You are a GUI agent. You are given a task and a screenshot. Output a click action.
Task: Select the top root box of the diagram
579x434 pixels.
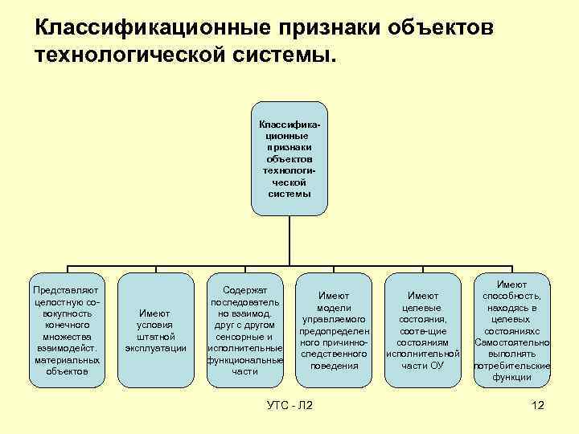tap(289, 159)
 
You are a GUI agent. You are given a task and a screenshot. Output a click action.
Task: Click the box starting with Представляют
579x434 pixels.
tap(67, 330)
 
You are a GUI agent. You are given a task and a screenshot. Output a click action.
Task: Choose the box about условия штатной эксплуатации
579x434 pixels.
tap(155, 330)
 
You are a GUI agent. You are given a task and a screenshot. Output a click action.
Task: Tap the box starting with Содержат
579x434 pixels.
tap(244, 330)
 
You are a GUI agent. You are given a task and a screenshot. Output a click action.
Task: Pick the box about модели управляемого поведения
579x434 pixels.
tap(334, 330)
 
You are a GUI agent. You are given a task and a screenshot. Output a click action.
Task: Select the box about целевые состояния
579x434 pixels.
tap(423, 330)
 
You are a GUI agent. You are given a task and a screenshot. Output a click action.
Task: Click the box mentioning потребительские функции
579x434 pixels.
tap(511, 330)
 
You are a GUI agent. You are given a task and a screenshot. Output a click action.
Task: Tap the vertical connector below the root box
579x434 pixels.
tap(289, 241)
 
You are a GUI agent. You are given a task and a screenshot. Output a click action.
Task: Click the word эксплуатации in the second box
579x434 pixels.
tap(155, 348)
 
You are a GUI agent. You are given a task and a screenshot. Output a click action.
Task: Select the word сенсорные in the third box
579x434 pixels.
tap(244, 337)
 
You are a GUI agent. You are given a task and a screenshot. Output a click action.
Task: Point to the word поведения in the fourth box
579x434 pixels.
tap(334, 366)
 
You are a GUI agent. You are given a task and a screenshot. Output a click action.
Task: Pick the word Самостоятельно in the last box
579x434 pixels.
tap(511, 342)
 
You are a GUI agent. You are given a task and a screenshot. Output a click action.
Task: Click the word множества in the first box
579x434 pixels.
tap(67, 337)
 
